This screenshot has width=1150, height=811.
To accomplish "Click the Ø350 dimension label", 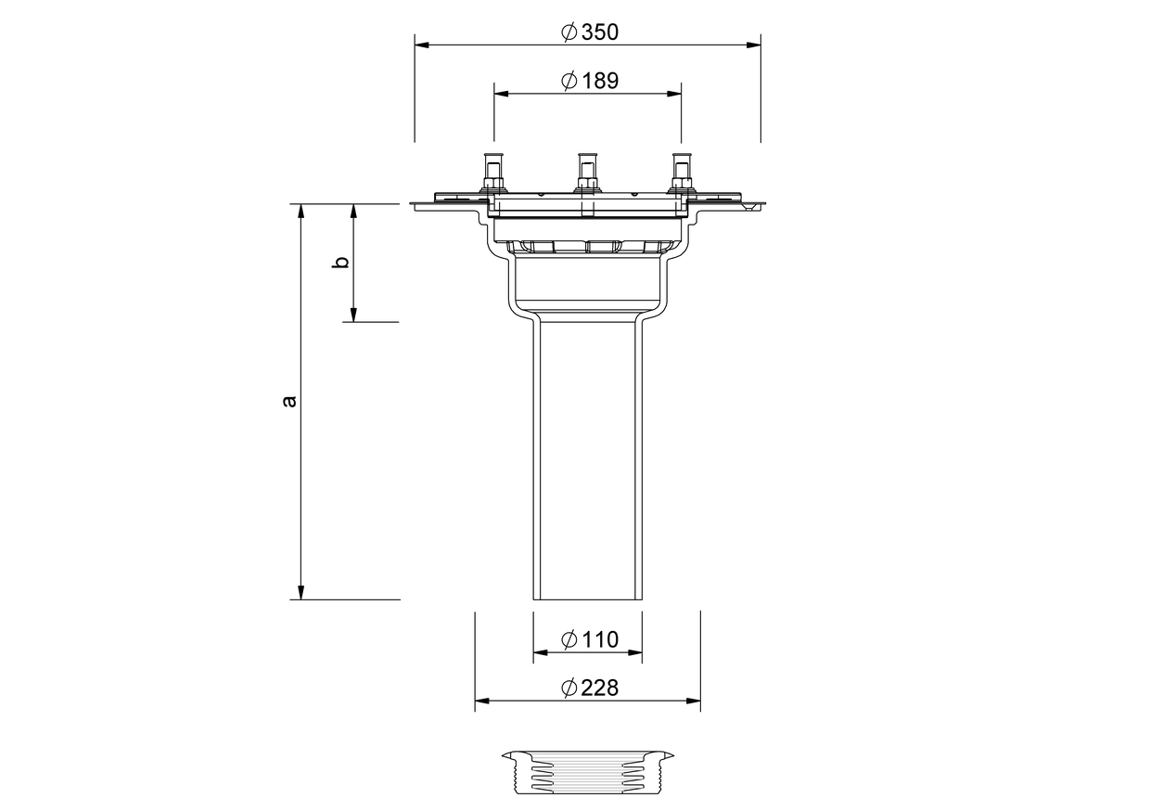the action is (590, 32).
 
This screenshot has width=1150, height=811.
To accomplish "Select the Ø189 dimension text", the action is (590, 81).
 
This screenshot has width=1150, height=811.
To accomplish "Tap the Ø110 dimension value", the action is (590, 639).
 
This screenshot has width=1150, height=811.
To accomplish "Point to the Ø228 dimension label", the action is (590, 688).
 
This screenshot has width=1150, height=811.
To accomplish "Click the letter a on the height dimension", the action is (289, 401).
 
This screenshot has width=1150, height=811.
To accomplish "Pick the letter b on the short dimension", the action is (340, 262).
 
